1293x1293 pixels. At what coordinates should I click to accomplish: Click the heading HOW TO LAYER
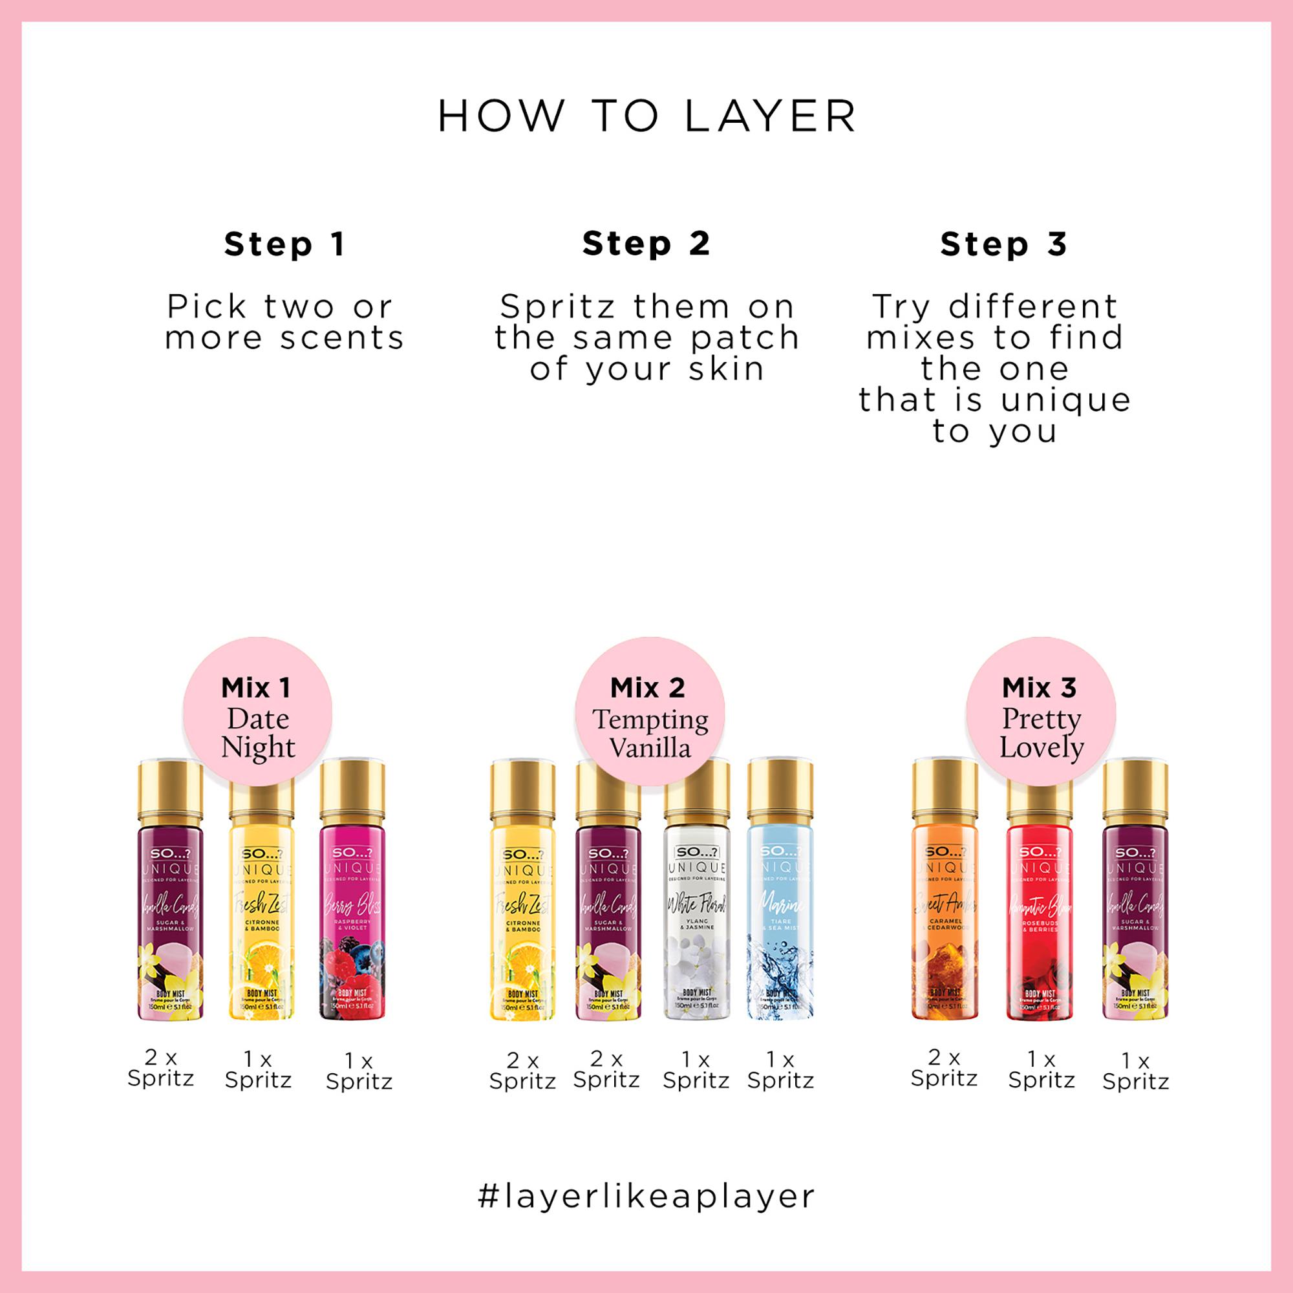click(646, 116)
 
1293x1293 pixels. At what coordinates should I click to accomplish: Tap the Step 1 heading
click(284, 244)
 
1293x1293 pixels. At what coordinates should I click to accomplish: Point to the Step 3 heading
click(1003, 244)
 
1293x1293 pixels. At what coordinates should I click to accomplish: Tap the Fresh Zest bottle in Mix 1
click(261, 930)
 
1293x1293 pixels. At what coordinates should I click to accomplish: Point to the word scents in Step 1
click(342, 338)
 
